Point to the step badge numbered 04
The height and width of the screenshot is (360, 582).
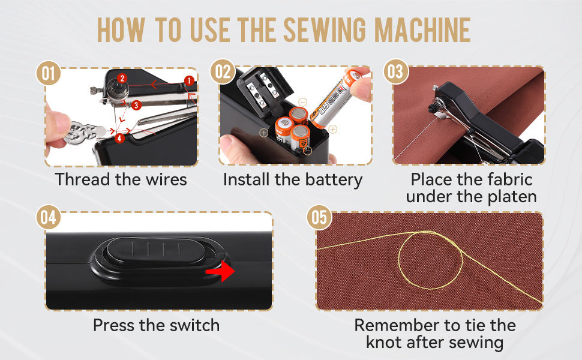[49, 218]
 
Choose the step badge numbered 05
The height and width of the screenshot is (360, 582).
[319, 217]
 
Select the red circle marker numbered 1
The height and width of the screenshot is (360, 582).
[189, 80]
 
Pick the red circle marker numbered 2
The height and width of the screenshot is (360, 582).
[122, 78]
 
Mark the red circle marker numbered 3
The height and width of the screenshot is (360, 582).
[137, 106]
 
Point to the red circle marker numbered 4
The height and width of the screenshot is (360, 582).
[120, 139]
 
